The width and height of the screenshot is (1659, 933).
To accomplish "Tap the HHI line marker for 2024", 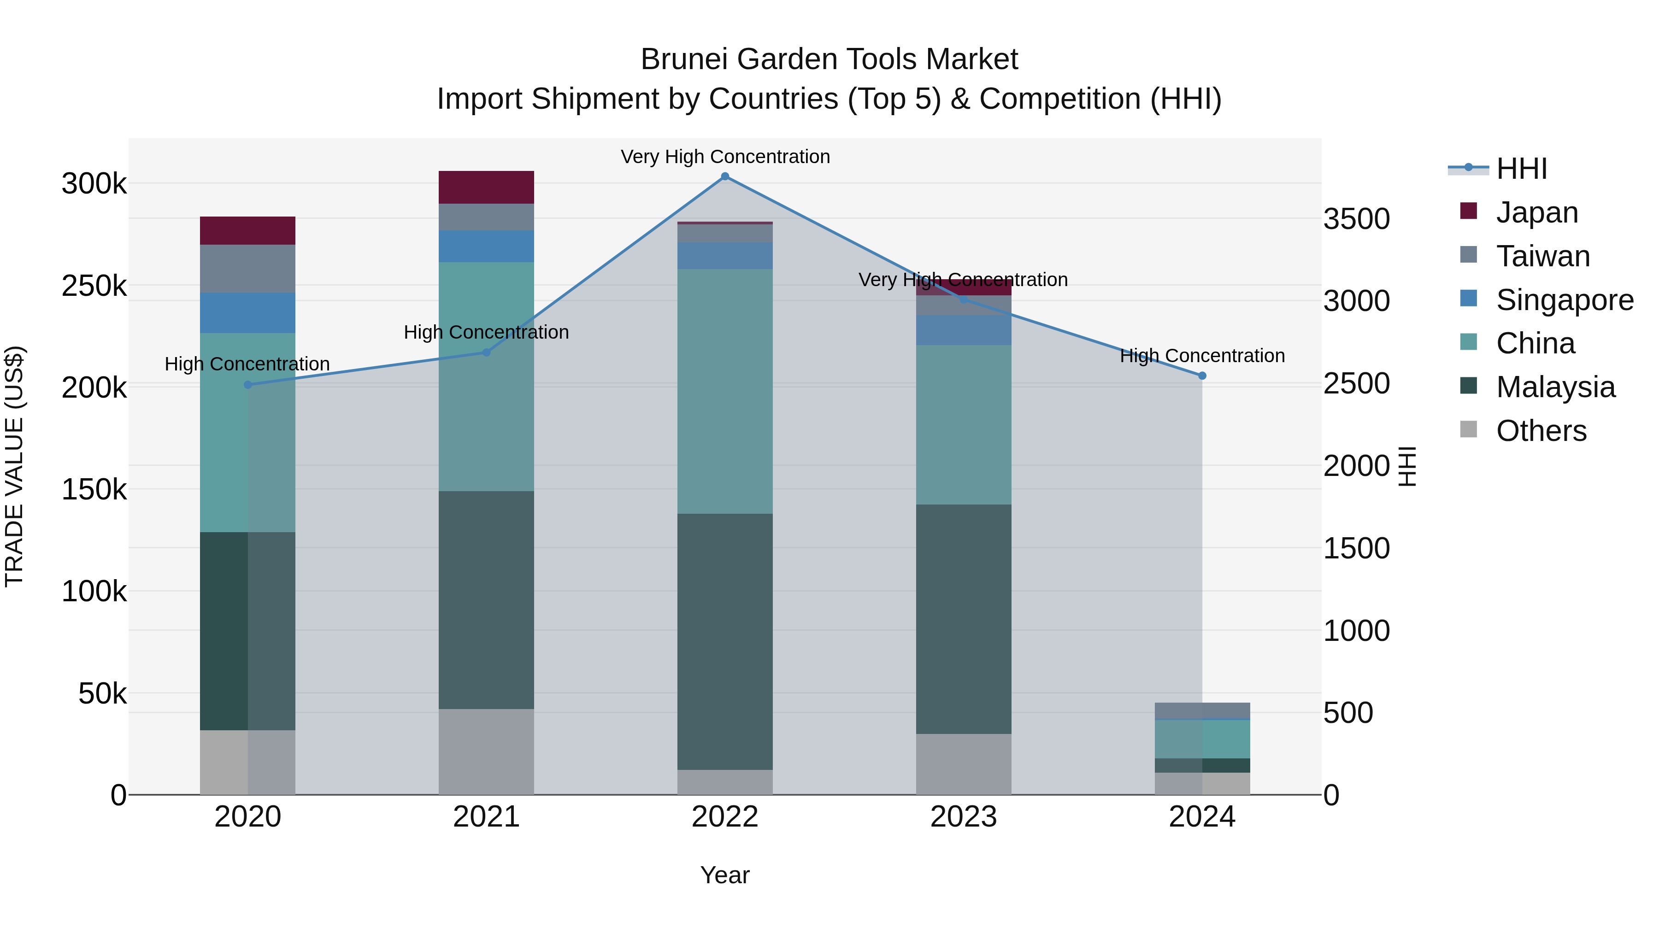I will click(1202, 376).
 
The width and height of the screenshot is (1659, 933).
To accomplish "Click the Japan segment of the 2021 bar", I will click(486, 188).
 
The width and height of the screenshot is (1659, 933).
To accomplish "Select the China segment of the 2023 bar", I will click(964, 424).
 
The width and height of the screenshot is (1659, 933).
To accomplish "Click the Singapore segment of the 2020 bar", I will click(248, 313).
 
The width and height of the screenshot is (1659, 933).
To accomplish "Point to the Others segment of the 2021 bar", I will click(486, 751).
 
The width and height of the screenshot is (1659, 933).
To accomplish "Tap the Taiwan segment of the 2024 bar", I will click(1202, 710).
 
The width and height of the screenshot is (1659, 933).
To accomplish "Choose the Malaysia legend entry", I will click(1555, 387).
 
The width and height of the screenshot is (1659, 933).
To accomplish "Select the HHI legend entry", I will click(1521, 169).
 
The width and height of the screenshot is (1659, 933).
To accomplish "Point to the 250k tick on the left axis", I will click(94, 286).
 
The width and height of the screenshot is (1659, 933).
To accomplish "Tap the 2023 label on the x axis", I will click(964, 817).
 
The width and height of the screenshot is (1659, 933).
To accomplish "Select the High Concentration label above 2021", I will click(486, 332).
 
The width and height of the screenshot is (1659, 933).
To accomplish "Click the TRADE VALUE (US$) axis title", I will click(14, 466).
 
